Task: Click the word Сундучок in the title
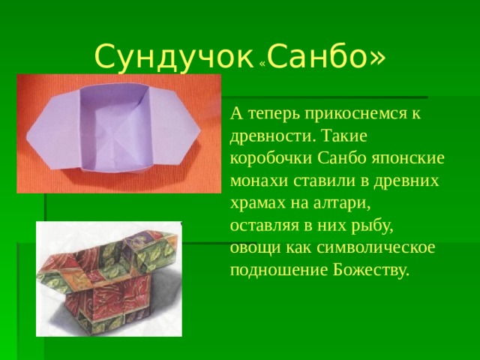174,55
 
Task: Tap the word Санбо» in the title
326,55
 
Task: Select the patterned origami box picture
109,277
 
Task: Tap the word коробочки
272,159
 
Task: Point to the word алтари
347,203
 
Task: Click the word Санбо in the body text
344,159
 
